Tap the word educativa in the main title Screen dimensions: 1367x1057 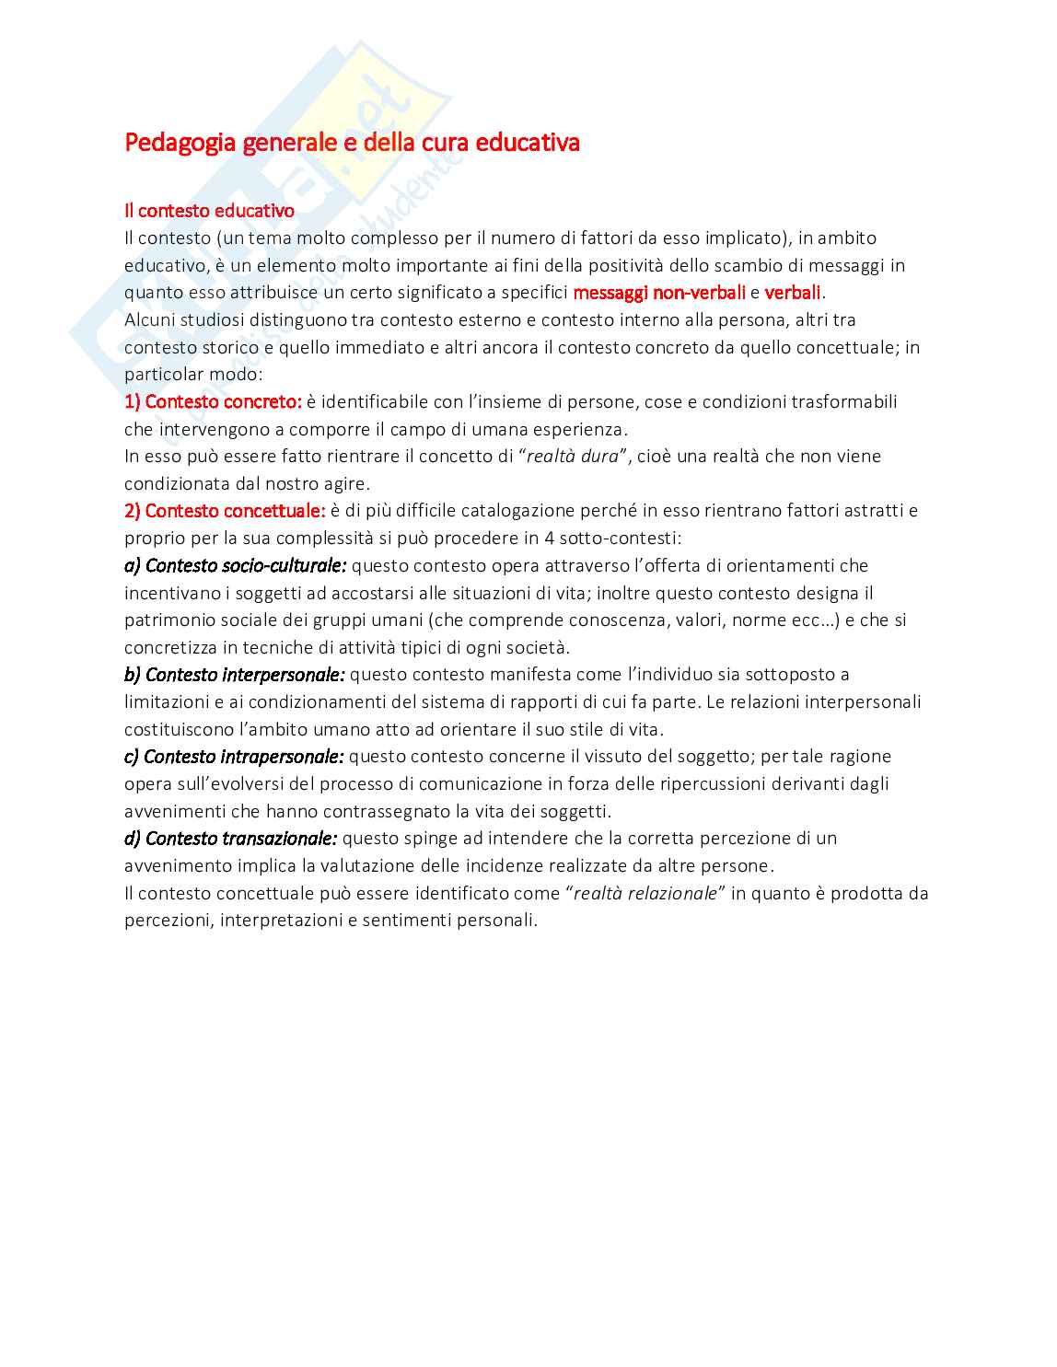coord(528,144)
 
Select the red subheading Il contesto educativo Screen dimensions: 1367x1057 coord(209,211)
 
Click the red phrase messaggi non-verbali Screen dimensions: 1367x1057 coord(658,293)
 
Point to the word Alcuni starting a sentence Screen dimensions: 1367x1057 coord(150,320)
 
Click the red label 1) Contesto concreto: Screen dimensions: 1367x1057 coord(213,402)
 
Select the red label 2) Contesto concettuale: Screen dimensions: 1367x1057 coord(225,511)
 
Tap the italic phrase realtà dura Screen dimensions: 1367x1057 coord(572,457)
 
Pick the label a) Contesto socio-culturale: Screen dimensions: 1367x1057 coord(235,565)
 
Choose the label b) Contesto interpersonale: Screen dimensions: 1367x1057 coord(234,675)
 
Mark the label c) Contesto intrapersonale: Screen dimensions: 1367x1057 coord(234,757)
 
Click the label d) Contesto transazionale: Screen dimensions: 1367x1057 coord(230,839)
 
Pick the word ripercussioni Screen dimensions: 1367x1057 coord(714,784)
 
